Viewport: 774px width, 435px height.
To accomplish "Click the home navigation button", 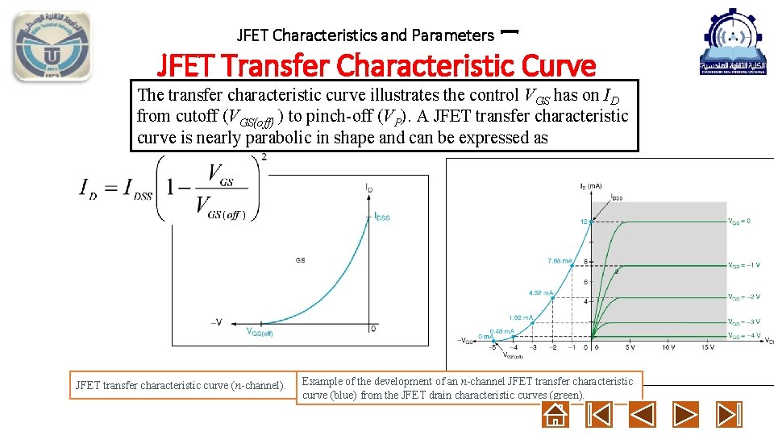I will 556,415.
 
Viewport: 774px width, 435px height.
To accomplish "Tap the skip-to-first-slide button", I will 598,415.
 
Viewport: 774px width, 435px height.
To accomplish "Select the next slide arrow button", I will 685,415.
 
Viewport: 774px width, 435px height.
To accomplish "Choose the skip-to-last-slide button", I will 729,415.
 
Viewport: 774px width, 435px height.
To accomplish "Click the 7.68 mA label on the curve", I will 560,260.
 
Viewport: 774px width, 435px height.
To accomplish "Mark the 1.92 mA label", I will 519,317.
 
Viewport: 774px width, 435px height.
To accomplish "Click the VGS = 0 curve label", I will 739,221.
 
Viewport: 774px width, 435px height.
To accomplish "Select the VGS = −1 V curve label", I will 743,264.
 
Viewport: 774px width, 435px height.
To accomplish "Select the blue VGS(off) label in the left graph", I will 259,332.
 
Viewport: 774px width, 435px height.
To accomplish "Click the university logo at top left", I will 51,46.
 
